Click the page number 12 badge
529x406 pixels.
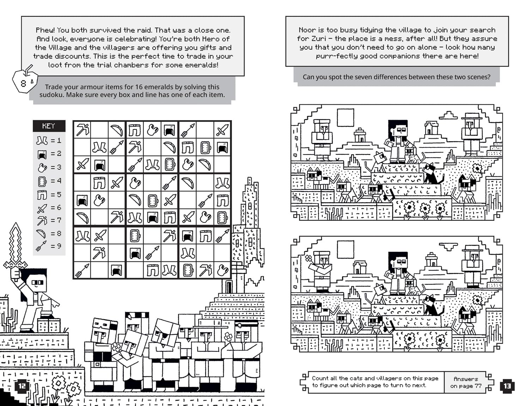22,386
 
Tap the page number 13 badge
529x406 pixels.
507,386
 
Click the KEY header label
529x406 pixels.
49,126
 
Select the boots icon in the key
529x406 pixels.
42,140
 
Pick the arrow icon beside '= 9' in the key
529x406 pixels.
41,246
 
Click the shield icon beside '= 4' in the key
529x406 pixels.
42,181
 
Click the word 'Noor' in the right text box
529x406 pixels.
307,30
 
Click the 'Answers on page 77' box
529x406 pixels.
466,382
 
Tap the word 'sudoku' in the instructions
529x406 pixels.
52,95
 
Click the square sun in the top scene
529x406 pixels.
346,117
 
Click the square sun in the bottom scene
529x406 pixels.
346,249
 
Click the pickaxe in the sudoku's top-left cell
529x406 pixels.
83,129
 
